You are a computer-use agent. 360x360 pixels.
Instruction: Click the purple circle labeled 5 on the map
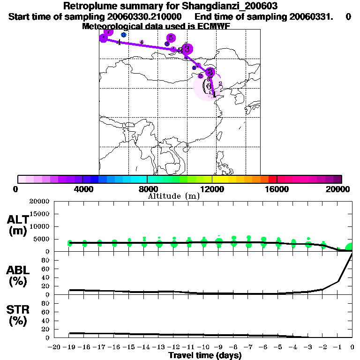(x=171, y=37)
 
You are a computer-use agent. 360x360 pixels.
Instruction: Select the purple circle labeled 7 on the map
(x=108, y=32)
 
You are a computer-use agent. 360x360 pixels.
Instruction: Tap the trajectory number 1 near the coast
(x=214, y=95)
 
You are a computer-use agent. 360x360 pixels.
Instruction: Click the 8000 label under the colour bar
(x=147, y=189)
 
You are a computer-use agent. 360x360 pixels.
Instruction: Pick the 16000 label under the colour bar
(x=277, y=189)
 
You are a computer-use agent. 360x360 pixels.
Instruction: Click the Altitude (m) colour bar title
(x=173, y=196)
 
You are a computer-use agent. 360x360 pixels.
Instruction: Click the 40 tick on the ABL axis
(x=46, y=277)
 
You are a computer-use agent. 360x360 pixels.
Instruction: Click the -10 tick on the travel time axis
(x=203, y=347)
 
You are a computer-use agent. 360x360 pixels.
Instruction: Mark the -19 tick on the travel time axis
(x=69, y=347)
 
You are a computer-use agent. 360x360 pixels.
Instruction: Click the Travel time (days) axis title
(x=205, y=355)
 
